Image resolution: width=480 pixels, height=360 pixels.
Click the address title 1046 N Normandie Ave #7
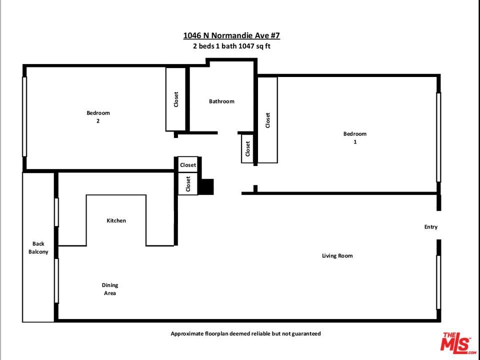coord(231,35)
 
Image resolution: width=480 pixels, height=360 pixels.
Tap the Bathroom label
coord(221,101)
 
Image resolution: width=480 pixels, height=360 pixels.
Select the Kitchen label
coord(116,220)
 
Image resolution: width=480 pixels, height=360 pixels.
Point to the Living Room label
coord(337,255)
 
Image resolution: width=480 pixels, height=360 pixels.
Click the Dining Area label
coord(110,289)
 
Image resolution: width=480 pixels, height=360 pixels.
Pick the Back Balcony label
coord(38,247)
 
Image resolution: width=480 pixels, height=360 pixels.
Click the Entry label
coord(430,227)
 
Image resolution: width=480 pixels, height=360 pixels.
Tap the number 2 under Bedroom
coord(98,121)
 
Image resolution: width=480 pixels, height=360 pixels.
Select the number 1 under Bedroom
coord(355,141)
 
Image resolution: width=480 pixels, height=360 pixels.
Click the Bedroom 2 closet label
coord(176,99)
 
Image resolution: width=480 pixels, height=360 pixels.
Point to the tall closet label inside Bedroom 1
coord(268,120)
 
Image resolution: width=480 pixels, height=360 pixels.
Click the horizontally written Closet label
coord(188,165)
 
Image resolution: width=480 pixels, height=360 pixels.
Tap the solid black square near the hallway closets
coord(206,186)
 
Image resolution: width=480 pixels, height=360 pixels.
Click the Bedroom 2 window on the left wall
coord(24,116)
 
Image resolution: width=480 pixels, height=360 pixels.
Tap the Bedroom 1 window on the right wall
coord(438,137)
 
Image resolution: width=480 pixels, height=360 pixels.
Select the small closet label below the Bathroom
coord(247,148)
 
